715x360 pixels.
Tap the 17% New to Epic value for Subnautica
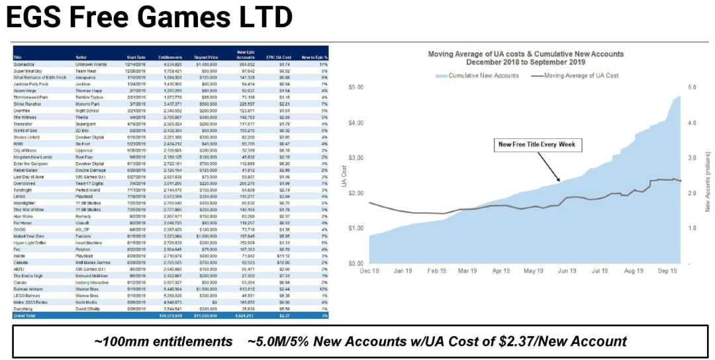324,65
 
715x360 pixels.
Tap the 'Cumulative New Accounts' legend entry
479,76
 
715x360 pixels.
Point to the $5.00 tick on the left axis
357,87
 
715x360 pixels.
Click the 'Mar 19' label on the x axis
467,270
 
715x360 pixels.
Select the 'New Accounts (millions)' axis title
707,175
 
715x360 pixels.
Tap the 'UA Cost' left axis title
344,175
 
